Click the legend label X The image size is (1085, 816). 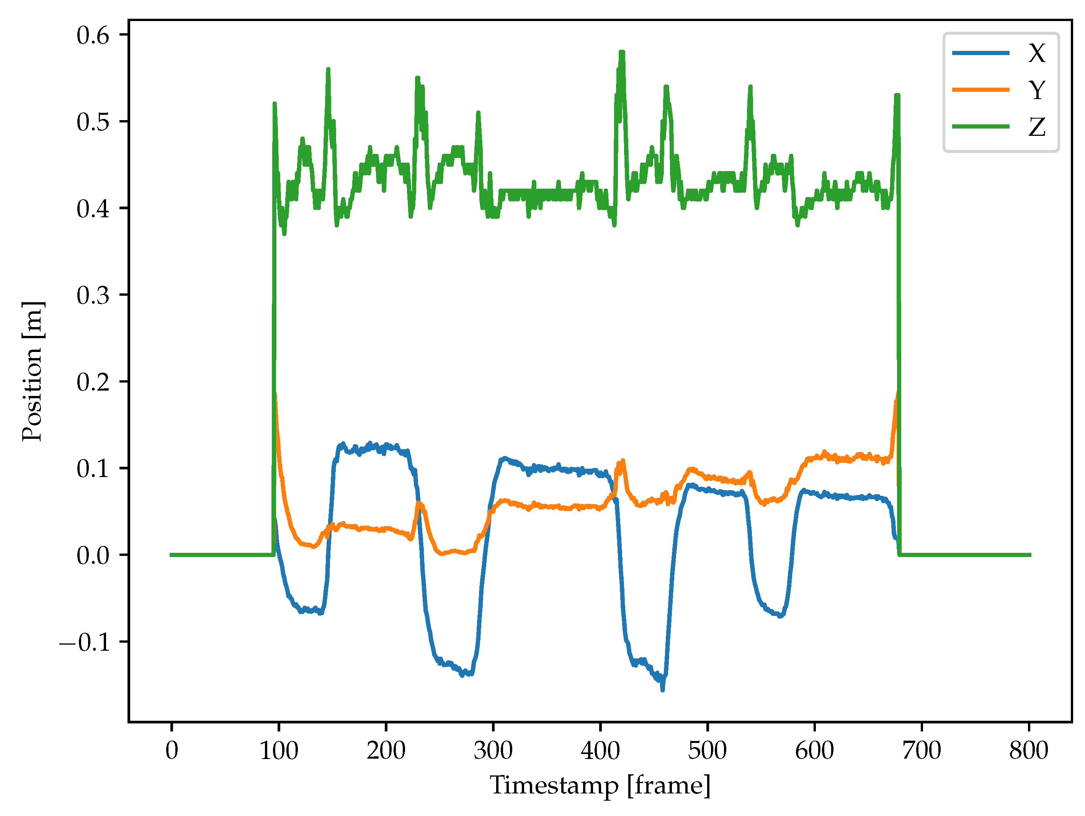tap(1036, 53)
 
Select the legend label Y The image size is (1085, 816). tap(1036, 90)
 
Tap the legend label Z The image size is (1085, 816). tap(1036, 127)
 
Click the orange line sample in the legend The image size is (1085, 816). tap(980, 90)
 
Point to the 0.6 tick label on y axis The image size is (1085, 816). tap(93, 35)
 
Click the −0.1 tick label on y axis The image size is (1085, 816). tap(84, 642)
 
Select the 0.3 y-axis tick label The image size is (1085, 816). tap(93, 295)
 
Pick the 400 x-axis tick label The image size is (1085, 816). tap(600, 750)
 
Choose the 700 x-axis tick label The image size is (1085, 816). tap(921, 750)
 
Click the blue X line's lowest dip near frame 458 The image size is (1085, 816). tap(663, 689)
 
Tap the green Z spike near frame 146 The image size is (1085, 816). tap(328, 70)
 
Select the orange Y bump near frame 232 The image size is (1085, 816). tap(420, 503)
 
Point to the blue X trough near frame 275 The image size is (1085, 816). tap(462, 675)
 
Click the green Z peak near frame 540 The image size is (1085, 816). tap(750, 87)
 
